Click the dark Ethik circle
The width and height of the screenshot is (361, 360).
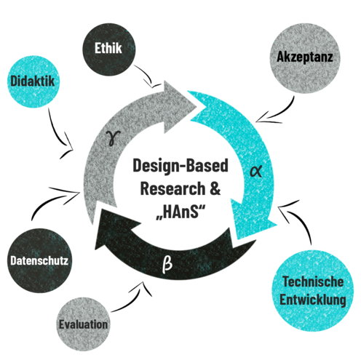click(x=109, y=49)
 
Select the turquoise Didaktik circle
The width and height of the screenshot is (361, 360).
click(x=33, y=81)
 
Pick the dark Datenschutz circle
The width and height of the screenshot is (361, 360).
click(x=39, y=260)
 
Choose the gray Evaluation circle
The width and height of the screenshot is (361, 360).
click(x=83, y=324)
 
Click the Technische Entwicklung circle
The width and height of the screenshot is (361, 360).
click(x=312, y=290)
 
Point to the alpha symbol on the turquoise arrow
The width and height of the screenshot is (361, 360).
click(x=256, y=171)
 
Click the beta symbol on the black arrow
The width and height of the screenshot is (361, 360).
click(x=167, y=264)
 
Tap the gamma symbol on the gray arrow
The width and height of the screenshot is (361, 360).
click(x=113, y=138)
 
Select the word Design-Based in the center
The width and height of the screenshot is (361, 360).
click(x=180, y=166)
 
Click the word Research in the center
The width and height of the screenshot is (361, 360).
click(x=172, y=188)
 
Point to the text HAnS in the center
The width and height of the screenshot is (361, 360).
click(x=180, y=212)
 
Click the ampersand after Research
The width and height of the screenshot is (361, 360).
click(x=215, y=188)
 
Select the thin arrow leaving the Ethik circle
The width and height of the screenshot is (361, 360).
click(x=146, y=75)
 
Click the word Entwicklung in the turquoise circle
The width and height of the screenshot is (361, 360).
click(x=313, y=300)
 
